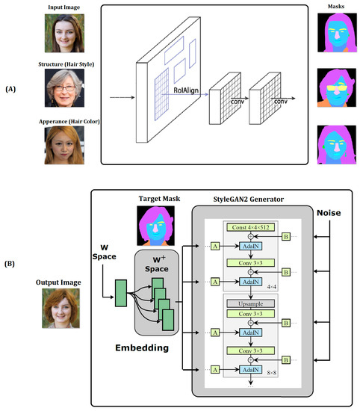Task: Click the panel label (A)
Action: pos(13,87)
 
